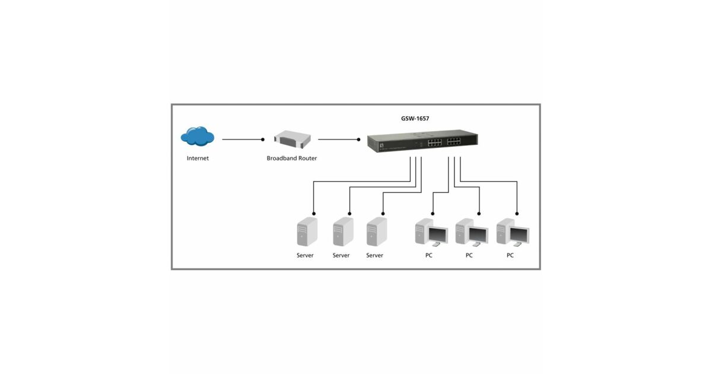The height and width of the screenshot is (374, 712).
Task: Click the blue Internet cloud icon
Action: (198, 137)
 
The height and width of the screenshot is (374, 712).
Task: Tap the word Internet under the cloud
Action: (198, 159)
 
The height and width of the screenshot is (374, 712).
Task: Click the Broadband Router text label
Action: (292, 159)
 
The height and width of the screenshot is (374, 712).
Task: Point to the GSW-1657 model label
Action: (415, 119)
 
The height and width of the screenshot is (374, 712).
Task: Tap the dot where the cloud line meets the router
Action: (262, 140)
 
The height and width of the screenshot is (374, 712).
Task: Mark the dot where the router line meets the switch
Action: (358, 140)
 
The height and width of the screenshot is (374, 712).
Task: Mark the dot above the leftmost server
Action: (314, 213)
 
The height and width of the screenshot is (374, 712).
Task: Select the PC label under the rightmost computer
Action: (510, 255)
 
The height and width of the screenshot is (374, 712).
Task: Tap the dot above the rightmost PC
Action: (517, 213)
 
